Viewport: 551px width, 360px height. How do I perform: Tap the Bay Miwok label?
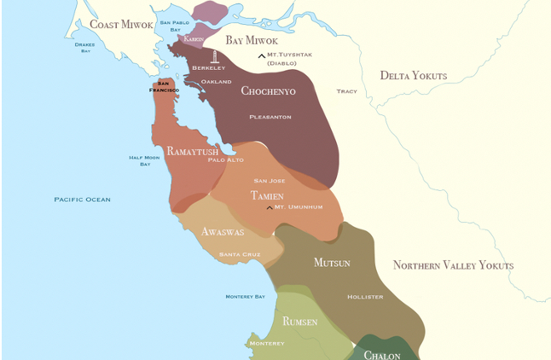coord(252,40)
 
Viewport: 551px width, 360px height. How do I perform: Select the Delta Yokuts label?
coord(414,76)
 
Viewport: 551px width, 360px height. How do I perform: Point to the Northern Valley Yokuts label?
coord(453,265)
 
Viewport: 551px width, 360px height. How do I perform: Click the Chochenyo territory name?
coord(268,90)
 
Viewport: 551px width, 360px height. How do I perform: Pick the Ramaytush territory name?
coord(192,151)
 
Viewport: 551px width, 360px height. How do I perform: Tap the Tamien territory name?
coord(267,195)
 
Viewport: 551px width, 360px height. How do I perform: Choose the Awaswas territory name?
coord(223,231)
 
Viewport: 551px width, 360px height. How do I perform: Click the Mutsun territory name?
coord(332,262)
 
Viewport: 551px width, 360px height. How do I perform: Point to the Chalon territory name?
coord(382,354)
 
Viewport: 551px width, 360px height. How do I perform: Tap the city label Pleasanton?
coord(270,116)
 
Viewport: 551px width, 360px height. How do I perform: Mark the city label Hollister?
coord(365,297)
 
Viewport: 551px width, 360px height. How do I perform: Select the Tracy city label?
coord(346,91)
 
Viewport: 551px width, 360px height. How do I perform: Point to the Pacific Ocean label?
coord(82,200)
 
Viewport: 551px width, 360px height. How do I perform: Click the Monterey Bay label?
coord(245,296)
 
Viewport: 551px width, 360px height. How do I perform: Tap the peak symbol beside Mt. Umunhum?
coord(270,207)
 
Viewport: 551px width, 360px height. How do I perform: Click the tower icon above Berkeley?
coord(215,56)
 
